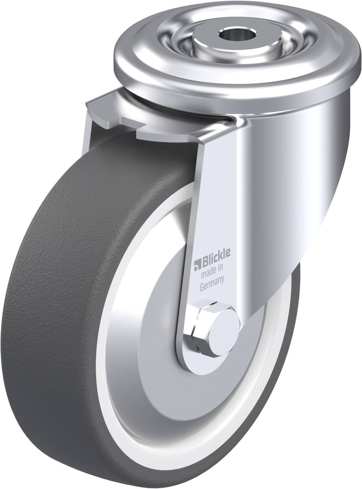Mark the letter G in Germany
203,287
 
